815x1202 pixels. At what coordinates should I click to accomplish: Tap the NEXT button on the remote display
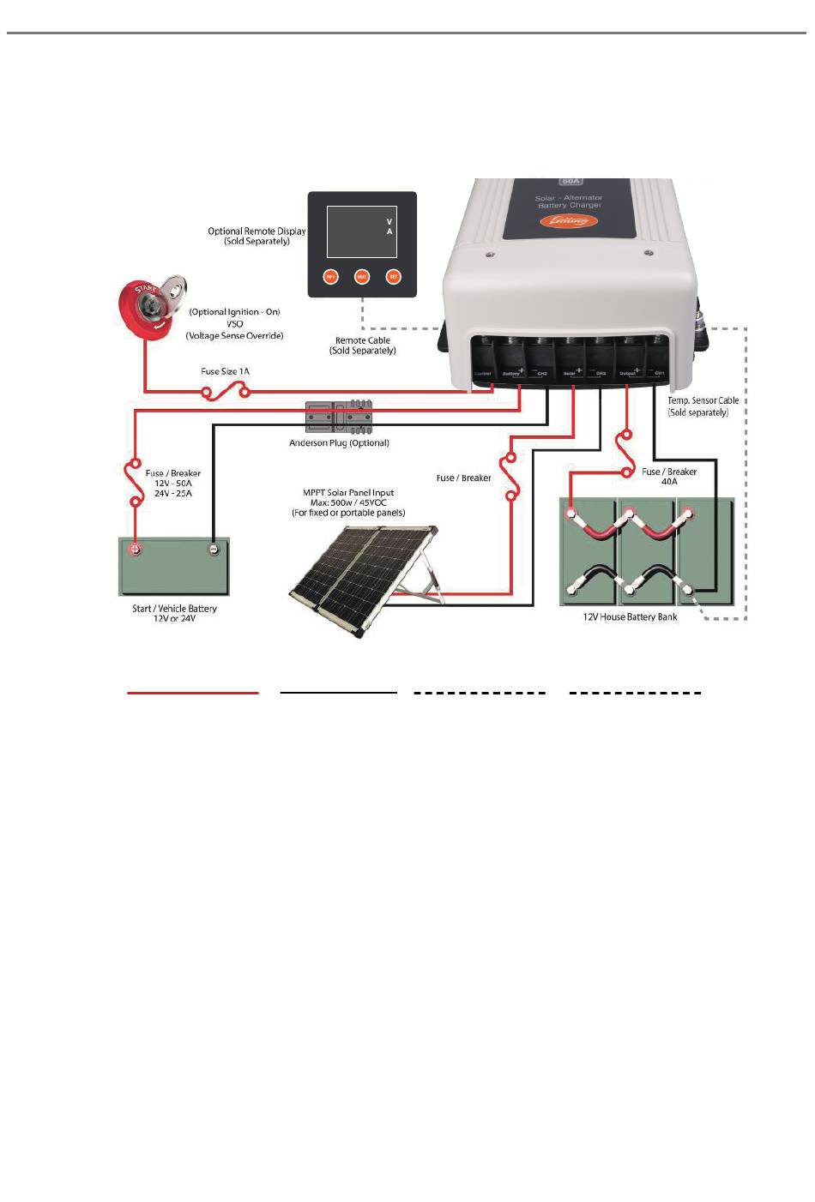click(x=362, y=277)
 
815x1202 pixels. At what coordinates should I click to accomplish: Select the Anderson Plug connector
click(x=340, y=417)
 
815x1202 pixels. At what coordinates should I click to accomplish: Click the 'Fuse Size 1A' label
click(x=225, y=371)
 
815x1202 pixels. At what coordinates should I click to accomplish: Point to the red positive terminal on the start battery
click(x=135, y=549)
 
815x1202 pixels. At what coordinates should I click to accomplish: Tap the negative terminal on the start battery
click(x=214, y=549)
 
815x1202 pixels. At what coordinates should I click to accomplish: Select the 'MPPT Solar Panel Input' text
click(x=348, y=493)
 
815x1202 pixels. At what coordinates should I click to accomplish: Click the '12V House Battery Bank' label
click(x=630, y=617)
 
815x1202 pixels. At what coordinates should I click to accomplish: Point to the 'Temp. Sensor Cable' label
click(x=703, y=400)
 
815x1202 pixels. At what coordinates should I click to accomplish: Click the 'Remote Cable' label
click(x=362, y=340)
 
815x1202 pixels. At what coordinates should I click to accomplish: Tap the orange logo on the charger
click(x=569, y=221)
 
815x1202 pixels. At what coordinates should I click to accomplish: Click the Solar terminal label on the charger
click(x=570, y=374)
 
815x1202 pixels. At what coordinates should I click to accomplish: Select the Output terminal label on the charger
click(x=627, y=374)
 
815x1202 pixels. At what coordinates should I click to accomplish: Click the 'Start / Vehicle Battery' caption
click(x=174, y=609)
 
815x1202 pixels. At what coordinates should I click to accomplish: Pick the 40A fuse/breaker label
click(x=669, y=477)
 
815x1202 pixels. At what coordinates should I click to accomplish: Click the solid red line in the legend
click(x=193, y=692)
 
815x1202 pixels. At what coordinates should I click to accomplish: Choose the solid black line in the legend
click(x=339, y=692)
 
